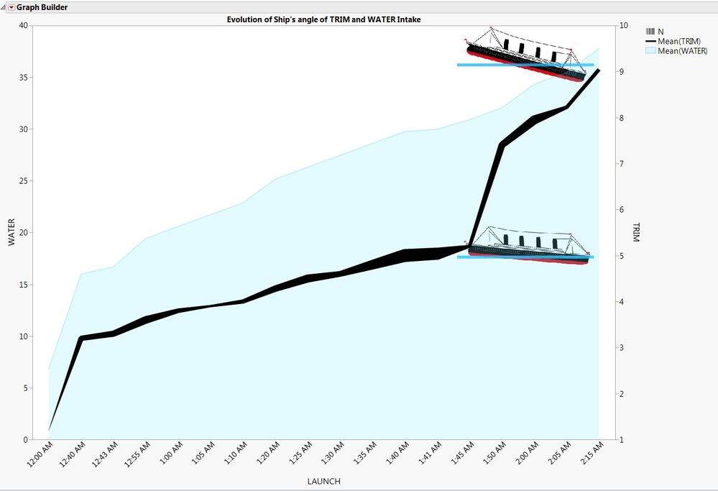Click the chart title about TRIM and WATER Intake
click(323, 19)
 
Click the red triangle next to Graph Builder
click(10, 7)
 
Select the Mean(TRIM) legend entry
click(678, 41)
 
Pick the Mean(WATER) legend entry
click(682, 50)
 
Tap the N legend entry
click(660, 32)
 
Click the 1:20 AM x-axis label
click(270, 457)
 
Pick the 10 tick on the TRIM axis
click(623, 26)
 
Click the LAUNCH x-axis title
click(323, 481)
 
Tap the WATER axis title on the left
click(11, 232)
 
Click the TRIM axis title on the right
click(635, 232)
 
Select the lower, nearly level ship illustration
click(528, 246)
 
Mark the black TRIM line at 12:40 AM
click(81, 338)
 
